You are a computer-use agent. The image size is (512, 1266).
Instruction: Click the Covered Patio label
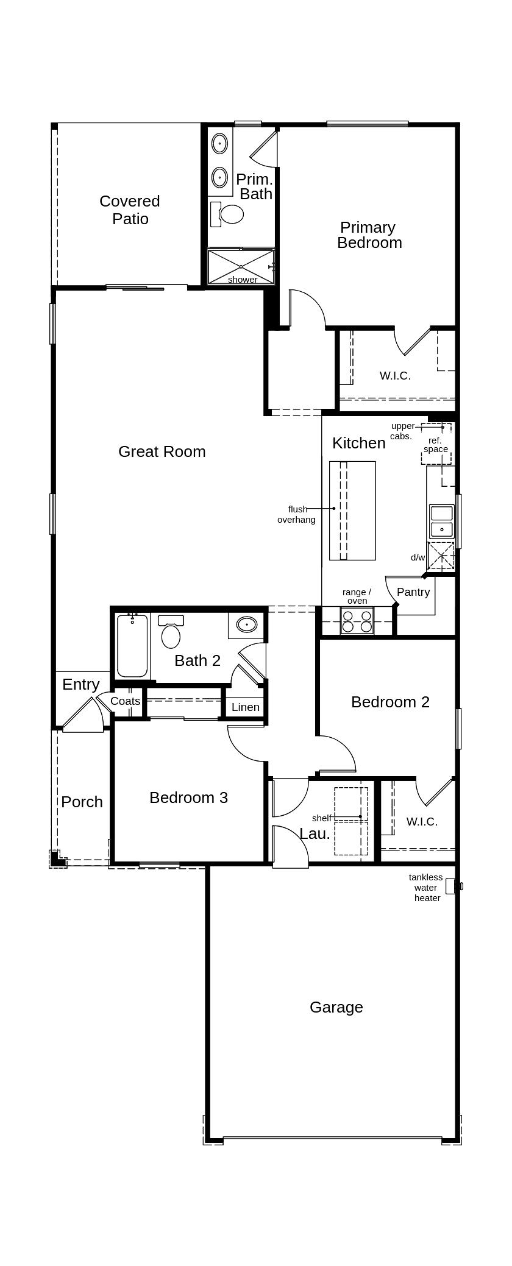[x=130, y=210]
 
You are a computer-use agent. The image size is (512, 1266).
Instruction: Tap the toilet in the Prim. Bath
[x=230, y=214]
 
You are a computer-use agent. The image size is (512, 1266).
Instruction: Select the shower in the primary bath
[x=241, y=266]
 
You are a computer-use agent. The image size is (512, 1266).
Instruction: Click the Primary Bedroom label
[x=369, y=235]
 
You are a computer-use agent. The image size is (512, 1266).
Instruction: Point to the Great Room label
[x=162, y=451]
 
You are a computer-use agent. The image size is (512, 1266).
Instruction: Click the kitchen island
[x=352, y=511]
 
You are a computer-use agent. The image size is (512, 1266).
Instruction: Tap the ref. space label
[x=435, y=445]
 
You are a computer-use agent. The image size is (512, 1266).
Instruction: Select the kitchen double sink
[x=441, y=521]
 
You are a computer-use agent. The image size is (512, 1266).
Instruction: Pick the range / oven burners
[x=357, y=621]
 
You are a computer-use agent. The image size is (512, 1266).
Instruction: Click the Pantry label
[x=413, y=592]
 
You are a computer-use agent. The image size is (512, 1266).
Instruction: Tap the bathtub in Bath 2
[x=132, y=646]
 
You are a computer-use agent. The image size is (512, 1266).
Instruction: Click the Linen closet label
[x=246, y=707]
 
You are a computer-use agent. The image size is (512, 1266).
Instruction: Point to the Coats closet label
[x=125, y=701]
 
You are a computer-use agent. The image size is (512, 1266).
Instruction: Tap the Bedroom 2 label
[x=390, y=702]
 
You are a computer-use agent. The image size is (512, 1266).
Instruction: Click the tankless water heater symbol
[x=452, y=886]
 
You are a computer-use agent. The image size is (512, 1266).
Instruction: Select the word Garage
[x=336, y=1007]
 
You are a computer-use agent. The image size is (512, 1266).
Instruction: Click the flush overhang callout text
[x=297, y=514]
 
